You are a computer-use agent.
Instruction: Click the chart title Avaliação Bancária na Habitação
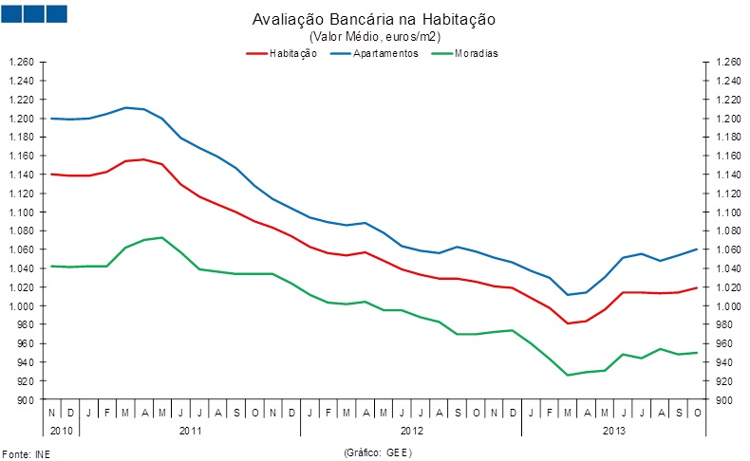[x=374, y=20]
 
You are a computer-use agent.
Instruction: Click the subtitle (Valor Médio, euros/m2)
[x=374, y=36]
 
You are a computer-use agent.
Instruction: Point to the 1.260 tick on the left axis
[x=22, y=63]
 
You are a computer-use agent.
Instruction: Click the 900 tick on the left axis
[x=27, y=400]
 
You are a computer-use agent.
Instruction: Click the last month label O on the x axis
[x=697, y=413]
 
